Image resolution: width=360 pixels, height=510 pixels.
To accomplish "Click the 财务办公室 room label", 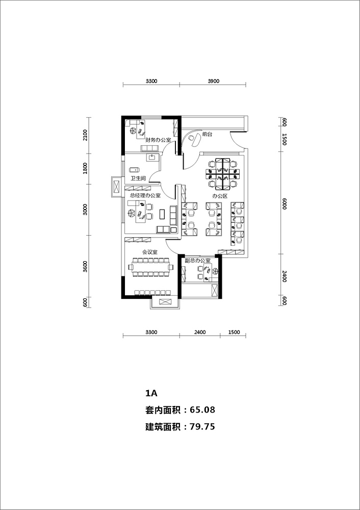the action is pyautogui.click(x=158, y=140).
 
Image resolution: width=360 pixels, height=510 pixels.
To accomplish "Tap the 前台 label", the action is pyautogui.click(x=207, y=134).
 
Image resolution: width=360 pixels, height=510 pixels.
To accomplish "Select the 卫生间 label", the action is pyautogui.click(x=138, y=178).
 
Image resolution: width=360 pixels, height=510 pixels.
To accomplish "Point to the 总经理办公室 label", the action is pyautogui.click(x=145, y=195).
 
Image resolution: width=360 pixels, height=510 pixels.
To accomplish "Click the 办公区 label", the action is pyautogui.click(x=220, y=196).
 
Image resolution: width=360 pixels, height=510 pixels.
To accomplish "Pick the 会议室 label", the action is pyautogui.click(x=150, y=252).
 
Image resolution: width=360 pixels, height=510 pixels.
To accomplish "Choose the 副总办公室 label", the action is pyautogui.click(x=198, y=261).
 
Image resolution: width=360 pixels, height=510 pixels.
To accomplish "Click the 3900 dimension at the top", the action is pyautogui.click(x=213, y=81).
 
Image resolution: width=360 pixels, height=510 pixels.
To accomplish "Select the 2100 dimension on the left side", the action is pyautogui.click(x=85, y=135).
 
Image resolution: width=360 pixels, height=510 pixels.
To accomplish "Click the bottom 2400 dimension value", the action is pyautogui.click(x=200, y=332).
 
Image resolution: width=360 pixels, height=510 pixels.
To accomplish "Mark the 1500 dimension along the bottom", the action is pyautogui.click(x=234, y=332).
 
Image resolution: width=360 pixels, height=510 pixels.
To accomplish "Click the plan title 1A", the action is pyautogui.click(x=151, y=393).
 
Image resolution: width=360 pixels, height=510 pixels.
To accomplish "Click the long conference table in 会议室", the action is pyautogui.click(x=151, y=267).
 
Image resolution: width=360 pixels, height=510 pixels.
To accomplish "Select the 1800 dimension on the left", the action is pyautogui.click(x=85, y=169).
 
